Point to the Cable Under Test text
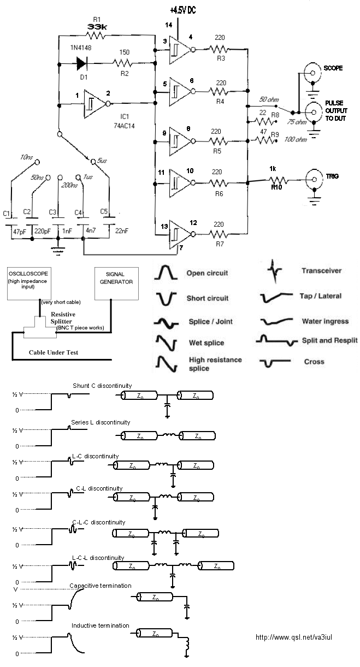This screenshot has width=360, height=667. click(54, 352)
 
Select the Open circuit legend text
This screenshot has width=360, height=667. click(207, 273)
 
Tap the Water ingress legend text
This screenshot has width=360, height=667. click(324, 321)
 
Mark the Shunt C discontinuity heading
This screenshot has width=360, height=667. click(102, 386)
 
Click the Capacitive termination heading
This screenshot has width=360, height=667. click(101, 586)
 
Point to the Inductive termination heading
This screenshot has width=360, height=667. click(100, 625)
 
